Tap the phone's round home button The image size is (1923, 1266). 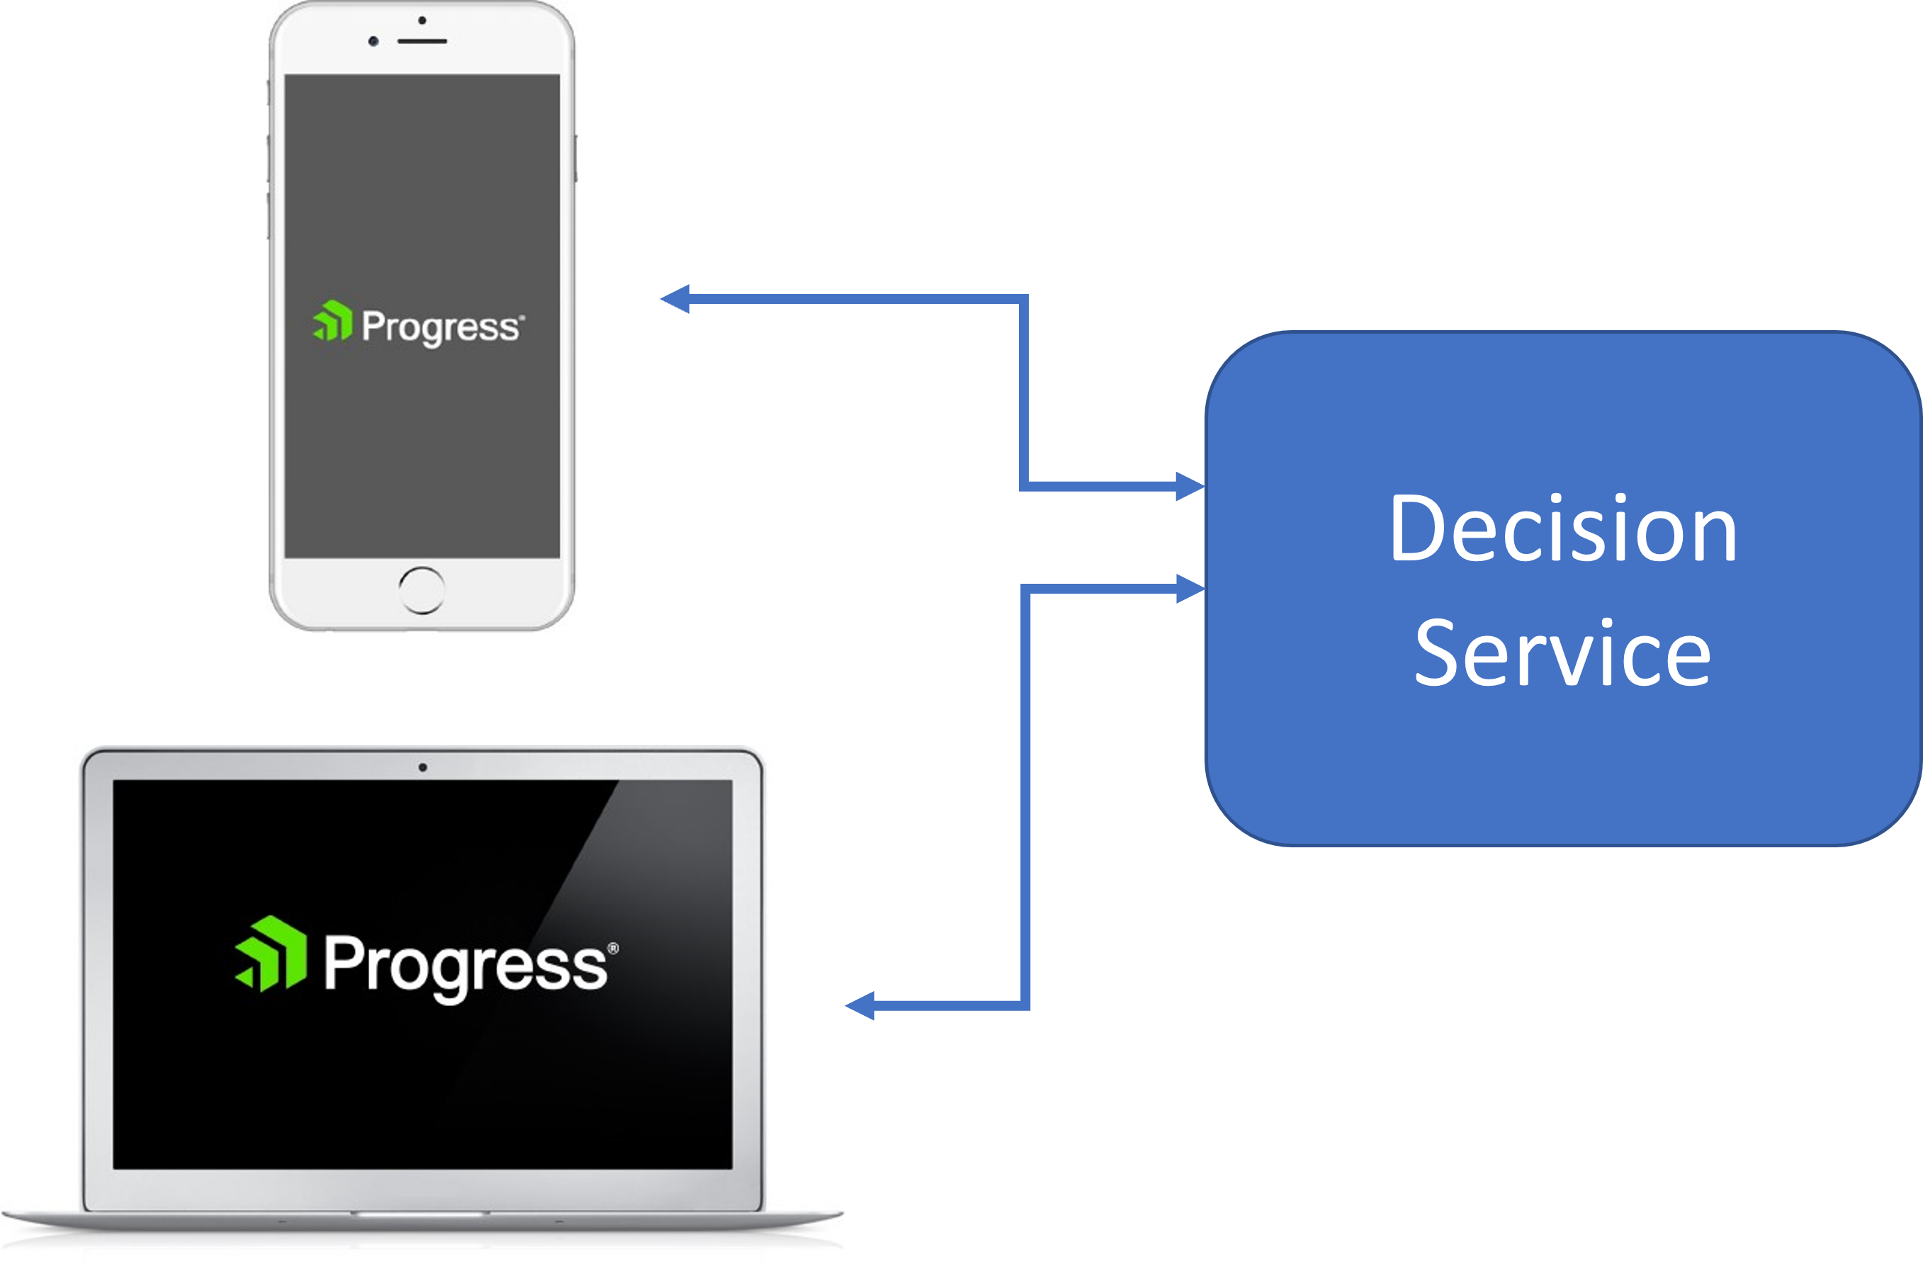pos(421,589)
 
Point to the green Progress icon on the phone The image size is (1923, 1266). pos(333,321)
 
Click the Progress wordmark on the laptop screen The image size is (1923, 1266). pos(466,965)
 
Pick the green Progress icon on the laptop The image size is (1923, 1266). pos(271,954)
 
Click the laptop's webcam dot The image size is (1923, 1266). pos(422,767)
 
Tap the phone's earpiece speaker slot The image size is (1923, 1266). pos(422,40)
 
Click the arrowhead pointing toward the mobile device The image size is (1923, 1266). pos(675,299)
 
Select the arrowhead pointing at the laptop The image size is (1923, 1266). pos(860,1006)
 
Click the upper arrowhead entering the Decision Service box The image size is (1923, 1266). pos(1190,487)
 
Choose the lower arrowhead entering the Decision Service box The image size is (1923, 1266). pos(1190,588)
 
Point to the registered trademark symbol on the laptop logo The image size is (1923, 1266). pos(614,948)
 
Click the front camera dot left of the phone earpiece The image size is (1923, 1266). pos(373,40)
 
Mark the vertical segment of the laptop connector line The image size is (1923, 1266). pos(1025,796)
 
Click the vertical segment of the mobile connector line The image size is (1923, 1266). pos(1024,392)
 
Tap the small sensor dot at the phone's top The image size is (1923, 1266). pos(422,19)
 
